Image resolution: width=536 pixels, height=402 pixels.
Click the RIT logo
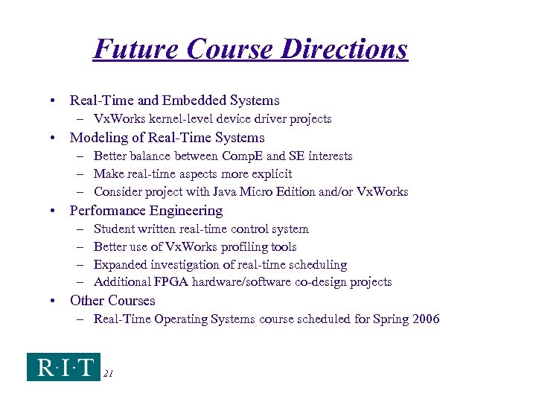[x=63, y=366]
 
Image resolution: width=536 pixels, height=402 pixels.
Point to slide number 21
[x=108, y=374]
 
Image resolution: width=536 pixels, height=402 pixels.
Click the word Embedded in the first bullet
[x=198, y=100]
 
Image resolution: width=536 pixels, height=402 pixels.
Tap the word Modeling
[x=98, y=138]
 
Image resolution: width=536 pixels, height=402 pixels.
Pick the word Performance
[x=108, y=211]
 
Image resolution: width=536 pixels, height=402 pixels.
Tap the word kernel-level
[x=173, y=119]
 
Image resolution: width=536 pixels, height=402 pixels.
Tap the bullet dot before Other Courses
[x=55, y=301]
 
